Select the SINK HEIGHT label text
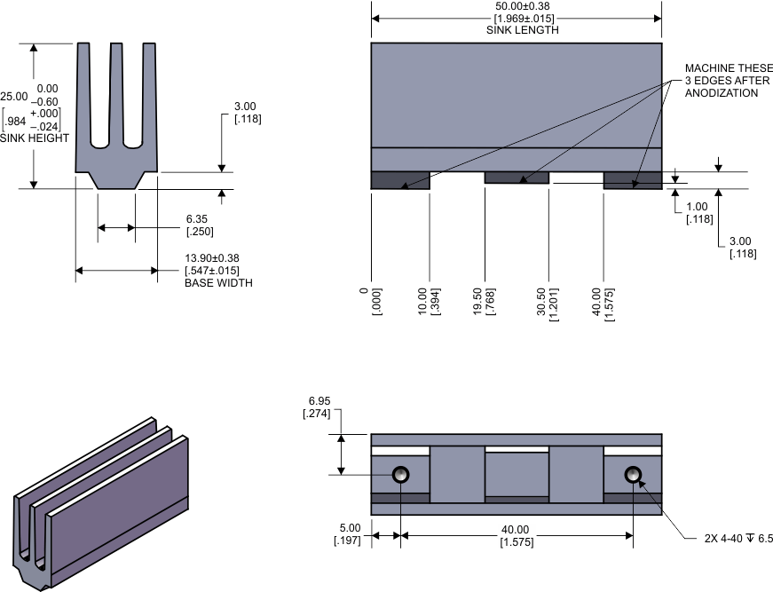coord(35,138)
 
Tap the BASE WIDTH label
coord(218,283)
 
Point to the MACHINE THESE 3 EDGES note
coord(722,81)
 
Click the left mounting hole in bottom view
coord(400,474)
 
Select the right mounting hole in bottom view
coord(633,474)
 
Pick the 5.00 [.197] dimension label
coord(350,534)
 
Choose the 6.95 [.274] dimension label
coord(317,408)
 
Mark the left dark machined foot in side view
coord(399,180)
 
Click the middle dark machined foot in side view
coord(517,178)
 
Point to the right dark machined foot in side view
coord(632,180)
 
